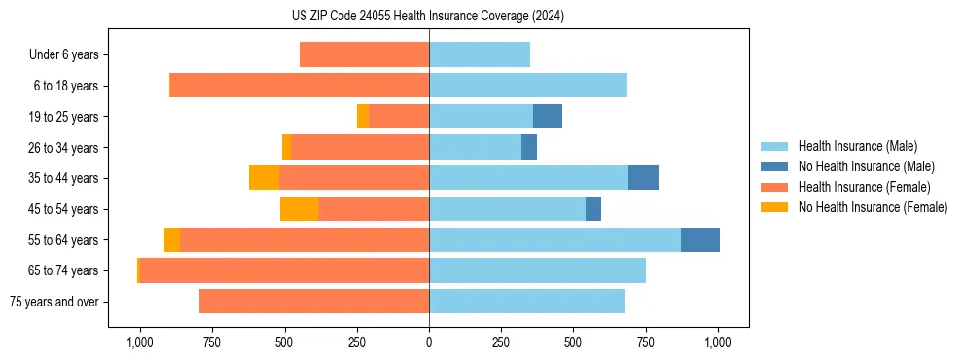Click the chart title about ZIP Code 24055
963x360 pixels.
pyautogui.click(x=428, y=16)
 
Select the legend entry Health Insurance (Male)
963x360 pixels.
pyautogui.click(x=856, y=146)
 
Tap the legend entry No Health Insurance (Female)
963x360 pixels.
pyautogui.click(x=873, y=207)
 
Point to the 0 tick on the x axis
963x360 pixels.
pyautogui.click(x=429, y=342)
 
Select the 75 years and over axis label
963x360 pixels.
pyautogui.click(x=53, y=302)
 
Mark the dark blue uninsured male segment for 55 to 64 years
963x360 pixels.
pyautogui.click(x=700, y=239)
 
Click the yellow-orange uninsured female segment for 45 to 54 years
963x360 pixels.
pyautogui.click(x=299, y=209)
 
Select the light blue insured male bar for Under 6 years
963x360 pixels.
pyautogui.click(x=480, y=54)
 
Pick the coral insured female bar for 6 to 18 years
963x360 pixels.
pyautogui.click(x=299, y=86)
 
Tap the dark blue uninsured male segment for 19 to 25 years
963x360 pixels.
pyautogui.click(x=548, y=117)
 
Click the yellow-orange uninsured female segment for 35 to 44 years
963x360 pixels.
pyautogui.click(x=264, y=178)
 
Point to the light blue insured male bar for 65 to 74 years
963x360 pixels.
pyautogui.click(x=537, y=270)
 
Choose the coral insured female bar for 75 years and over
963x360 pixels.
pyautogui.click(x=314, y=302)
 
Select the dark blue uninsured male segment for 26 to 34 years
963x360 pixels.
pyautogui.click(x=529, y=147)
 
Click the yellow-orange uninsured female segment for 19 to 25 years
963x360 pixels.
pyautogui.click(x=363, y=117)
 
